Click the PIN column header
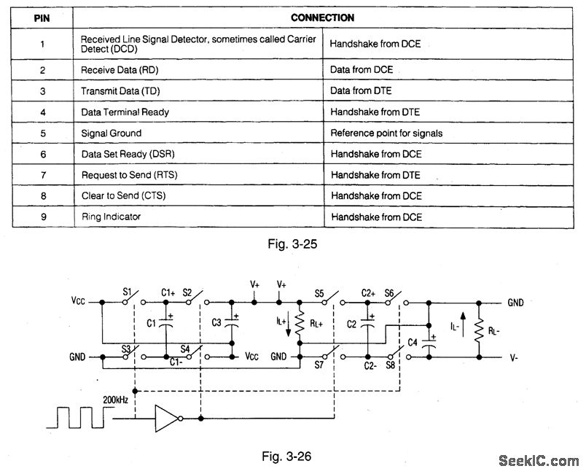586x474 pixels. (x=42, y=18)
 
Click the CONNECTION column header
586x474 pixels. (x=322, y=18)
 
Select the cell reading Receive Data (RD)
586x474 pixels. (x=119, y=69)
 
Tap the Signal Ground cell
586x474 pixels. (x=111, y=133)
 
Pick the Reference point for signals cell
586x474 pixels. (x=386, y=133)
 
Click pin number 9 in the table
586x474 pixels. (x=42, y=217)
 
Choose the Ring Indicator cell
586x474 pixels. (x=111, y=217)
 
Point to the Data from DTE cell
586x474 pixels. (x=362, y=90)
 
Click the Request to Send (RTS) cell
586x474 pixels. (x=129, y=175)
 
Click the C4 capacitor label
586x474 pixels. (x=413, y=341)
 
